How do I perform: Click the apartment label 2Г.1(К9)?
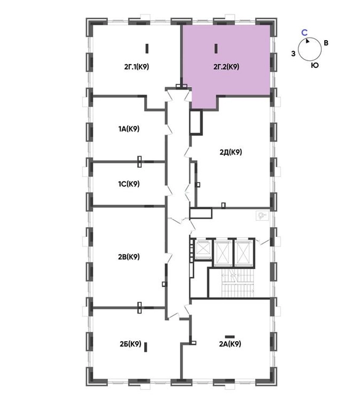point(136,67)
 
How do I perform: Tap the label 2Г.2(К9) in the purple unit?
point(226,67)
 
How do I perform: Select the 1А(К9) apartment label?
point(129,129)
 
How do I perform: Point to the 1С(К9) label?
point(129,184)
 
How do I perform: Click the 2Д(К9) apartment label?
point(231,152)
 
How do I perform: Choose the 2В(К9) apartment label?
point(129,257)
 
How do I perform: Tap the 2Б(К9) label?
point(130,344)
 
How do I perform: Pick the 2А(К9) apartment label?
point(230,344)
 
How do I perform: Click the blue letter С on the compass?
point(305,33)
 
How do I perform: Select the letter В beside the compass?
point(325,43)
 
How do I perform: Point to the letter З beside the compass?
point(293,54)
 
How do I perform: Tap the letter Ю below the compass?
point(315,65)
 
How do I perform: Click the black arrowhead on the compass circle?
point(308,41)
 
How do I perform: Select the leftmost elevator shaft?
point(203,250)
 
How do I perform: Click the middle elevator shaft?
point(223,253)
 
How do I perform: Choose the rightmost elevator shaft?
point(243,253)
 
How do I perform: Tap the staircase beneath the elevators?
point(239,283)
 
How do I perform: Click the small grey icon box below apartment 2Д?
point(263,216)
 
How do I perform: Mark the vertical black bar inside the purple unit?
point(216,49)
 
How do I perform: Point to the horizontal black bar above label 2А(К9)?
point(230,337)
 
